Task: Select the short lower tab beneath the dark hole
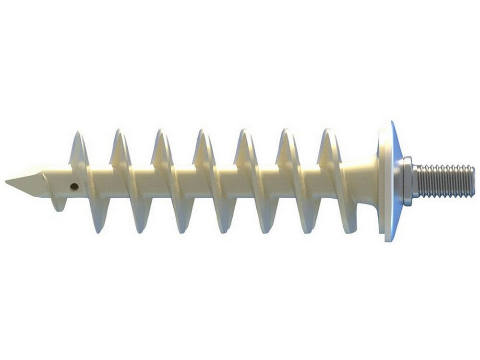click(x=58, y=205)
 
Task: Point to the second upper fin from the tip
click(x=120, y=146)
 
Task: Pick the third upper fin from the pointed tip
click(x=161, y=146)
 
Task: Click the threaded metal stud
click(x=444, y=180)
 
